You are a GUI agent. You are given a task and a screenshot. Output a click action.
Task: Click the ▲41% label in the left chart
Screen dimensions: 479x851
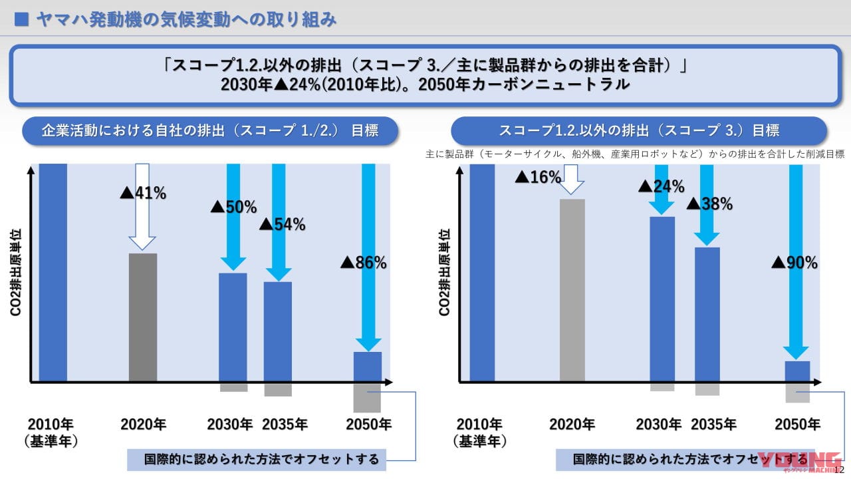click(x=143, y=194)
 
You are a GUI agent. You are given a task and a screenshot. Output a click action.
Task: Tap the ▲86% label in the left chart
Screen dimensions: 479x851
click(x=364, y=263)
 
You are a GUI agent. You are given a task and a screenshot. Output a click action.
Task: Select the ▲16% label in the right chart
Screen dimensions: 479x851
click(x=539, y=178)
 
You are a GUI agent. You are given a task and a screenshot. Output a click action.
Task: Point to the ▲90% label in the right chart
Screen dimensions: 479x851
click(x=794, y=263)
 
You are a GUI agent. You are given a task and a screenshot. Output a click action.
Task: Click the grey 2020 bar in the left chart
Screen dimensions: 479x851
click(x=143, y=317)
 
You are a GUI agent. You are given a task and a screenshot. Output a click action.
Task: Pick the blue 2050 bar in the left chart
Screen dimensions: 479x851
click(x=367, y=367)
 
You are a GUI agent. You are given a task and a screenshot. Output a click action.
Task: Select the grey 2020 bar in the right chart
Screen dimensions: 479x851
click(x=572, y=290)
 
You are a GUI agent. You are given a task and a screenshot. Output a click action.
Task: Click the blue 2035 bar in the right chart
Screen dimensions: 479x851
click(x=707, y=314)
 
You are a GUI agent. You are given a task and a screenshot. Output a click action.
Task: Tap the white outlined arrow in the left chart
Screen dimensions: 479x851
click(x=142, y=206)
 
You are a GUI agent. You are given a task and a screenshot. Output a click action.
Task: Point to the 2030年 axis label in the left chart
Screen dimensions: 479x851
click(x=230, y=424)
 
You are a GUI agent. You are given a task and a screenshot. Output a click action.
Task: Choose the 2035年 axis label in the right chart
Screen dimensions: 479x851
click(x=713, y=424)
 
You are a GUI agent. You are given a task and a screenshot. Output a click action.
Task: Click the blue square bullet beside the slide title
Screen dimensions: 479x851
click(x=21, y=20)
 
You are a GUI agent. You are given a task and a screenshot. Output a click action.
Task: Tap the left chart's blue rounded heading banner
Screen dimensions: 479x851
click(x=210, y=131)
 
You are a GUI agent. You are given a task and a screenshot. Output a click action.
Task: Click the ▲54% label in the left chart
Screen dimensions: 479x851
click(x=282, y=225)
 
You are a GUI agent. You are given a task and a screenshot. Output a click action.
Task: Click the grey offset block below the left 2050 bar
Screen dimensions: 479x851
click(x=367, y=398)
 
